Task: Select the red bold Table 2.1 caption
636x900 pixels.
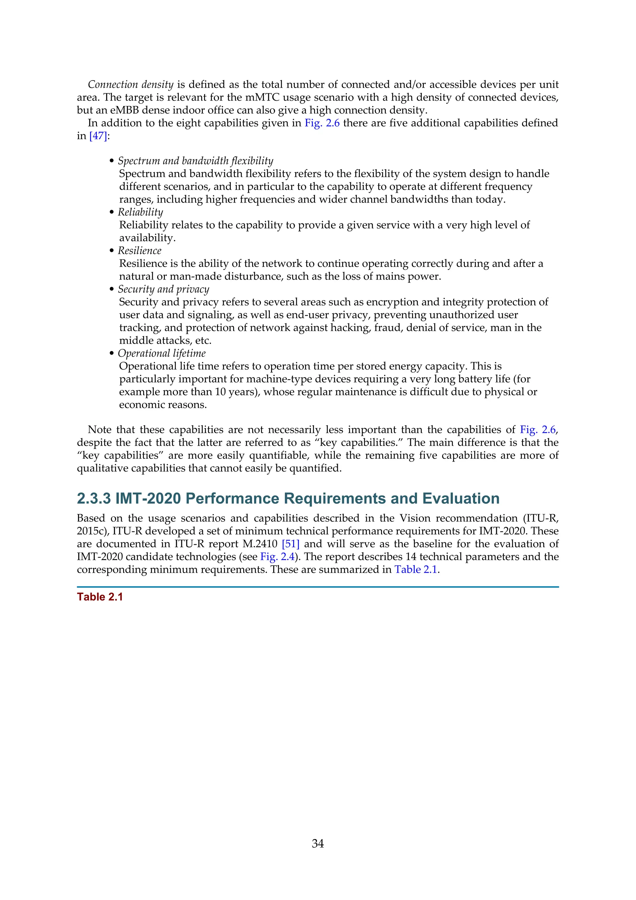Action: (100, 597)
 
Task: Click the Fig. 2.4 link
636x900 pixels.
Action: (277, 557)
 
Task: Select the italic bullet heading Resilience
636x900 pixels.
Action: (139, 250)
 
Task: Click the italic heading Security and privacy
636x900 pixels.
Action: (163, 289)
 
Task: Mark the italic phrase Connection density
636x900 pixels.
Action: (130, 84)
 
